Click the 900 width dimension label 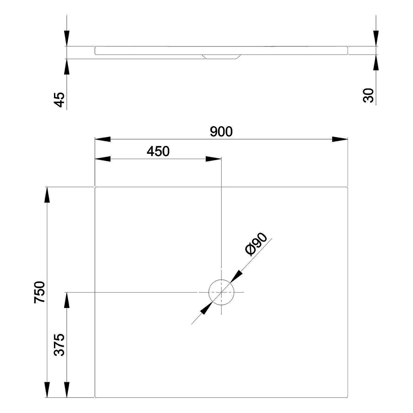tap(221, 132)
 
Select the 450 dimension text tap(158, 151)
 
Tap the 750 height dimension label tap(39, 292)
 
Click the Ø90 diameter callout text tap(256, 244)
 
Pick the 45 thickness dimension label tap(59, 99)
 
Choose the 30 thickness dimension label tap(369, 96)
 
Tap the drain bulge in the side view tap(221, 57)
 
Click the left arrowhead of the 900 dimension tap(103, 139)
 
